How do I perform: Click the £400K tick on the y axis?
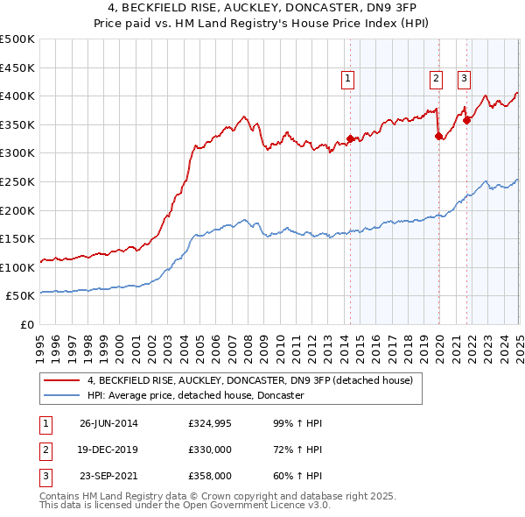[x=17, y=96]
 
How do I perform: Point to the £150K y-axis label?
[x=17, y=238]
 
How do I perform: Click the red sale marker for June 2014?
[x=350, y=138]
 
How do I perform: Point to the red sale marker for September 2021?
[x=467, y=120]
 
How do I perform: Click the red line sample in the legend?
[x=62, y=380]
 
